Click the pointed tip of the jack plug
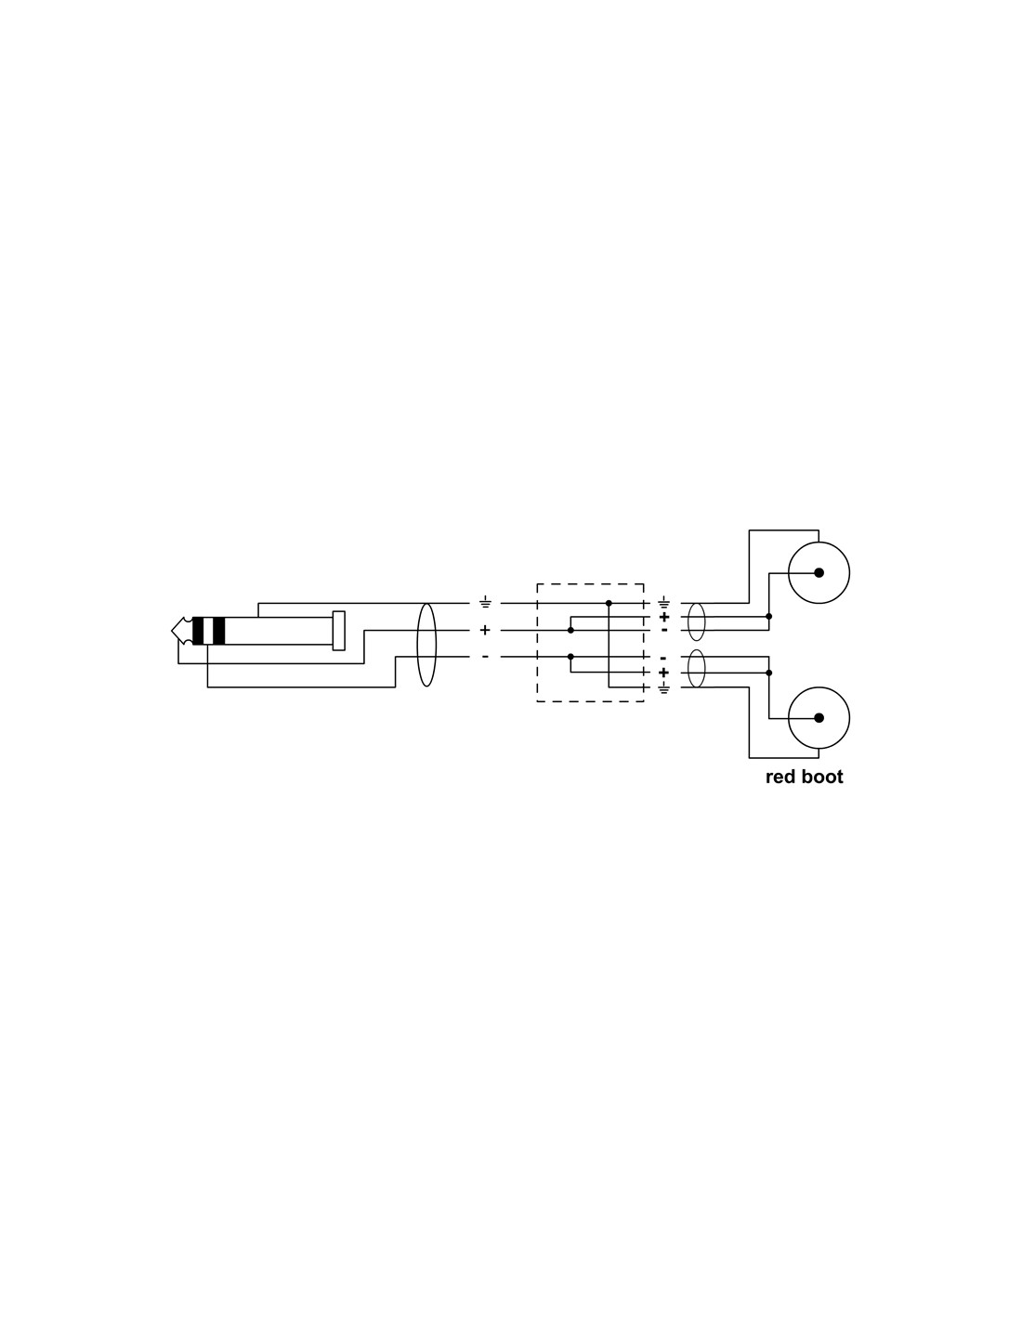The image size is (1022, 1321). click(172, 631)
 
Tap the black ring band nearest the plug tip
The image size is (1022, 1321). click(198, 631)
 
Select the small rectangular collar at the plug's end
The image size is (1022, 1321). click(338, 631)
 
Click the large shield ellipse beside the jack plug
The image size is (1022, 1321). click(426, 645)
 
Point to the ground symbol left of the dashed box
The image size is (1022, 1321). click(485, 603)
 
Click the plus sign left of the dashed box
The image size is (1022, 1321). click(485, 631)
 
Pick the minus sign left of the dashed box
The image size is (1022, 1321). click(485, 657)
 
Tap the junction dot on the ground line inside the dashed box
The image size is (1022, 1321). click(609, 603)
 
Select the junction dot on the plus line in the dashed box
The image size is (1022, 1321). click(570, 631)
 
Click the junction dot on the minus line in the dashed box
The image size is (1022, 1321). click(570, 657)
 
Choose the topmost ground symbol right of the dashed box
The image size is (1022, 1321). click(664, 603)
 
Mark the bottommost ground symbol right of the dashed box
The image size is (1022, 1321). click(664, 688)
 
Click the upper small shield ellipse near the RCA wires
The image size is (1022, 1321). click(696, 621)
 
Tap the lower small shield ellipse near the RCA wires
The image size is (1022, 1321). click(696, 669)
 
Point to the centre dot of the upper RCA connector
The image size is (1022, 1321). click(819, 572)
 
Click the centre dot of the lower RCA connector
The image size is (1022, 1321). click(819, 718)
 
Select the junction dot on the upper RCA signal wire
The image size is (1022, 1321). click(769, 617)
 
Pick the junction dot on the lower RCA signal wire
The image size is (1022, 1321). click(769, 673)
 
